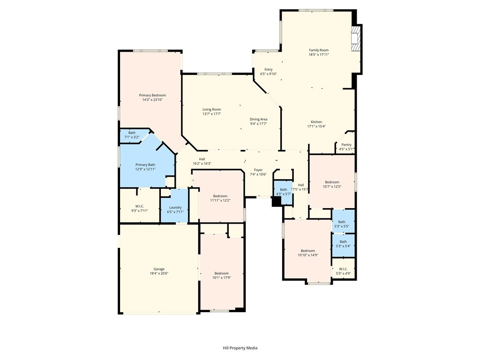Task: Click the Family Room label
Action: [319, 50]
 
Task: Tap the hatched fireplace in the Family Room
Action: [356, 38]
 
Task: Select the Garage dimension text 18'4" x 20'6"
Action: [159, 273]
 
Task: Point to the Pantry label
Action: [346, 144]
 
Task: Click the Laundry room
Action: [174, 205]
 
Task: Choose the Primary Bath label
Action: [145, 165]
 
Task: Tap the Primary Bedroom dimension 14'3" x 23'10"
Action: [152, 99]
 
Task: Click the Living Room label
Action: [211, 109]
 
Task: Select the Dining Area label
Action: [259, 119]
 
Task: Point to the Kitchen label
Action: [316, 121]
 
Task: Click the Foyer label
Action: [258, 170]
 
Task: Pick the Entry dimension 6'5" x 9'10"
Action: [269, 74]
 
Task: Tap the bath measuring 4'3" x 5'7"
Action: [283, 192]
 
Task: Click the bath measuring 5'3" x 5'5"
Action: [343, 221]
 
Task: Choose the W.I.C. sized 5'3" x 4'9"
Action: [343, 269]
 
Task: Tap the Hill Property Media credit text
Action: [240, 348]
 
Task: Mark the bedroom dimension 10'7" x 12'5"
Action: [332, 187]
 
